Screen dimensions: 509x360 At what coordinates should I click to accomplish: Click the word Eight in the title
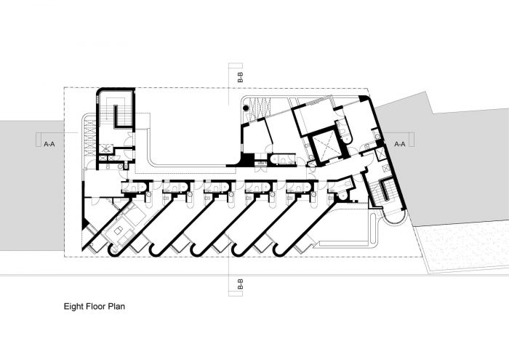73,307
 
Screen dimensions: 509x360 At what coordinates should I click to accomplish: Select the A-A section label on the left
49,144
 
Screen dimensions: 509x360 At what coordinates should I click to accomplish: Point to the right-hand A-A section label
400,144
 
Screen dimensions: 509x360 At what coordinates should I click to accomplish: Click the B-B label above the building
240,76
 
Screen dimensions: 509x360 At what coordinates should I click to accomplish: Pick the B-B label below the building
240,284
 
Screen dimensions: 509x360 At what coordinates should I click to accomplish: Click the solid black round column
246,108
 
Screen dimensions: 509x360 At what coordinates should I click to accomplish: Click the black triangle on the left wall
85,223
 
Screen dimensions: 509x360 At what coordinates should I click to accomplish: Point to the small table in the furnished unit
118,231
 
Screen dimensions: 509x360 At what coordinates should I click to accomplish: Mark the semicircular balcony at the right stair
394,217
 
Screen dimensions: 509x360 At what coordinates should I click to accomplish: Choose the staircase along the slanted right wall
385,191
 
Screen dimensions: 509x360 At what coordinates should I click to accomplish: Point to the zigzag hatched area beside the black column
260,108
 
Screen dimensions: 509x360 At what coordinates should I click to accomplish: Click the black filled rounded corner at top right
363,98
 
